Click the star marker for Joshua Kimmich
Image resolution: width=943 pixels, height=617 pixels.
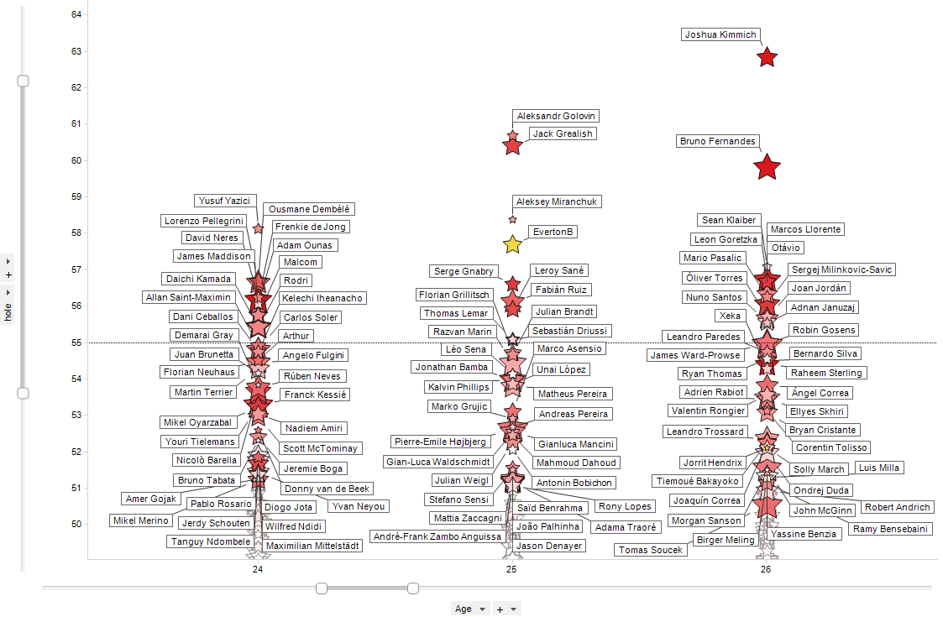767,57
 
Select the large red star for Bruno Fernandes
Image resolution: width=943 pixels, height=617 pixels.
766,167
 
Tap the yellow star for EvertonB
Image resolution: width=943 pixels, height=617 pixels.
512,244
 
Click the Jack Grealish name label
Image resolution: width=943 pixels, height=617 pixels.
562,134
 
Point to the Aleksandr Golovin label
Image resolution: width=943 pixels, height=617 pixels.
556,116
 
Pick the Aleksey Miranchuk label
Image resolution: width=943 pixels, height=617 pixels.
557,202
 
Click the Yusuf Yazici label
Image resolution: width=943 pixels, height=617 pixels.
224,201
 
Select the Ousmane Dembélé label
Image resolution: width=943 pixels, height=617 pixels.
309,209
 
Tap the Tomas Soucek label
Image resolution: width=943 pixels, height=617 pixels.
650,551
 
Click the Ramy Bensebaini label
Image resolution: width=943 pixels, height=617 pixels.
890,529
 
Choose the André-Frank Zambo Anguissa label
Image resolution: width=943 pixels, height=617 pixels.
437,536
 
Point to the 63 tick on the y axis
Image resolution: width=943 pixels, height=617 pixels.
76,51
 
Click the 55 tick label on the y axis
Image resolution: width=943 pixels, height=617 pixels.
76,342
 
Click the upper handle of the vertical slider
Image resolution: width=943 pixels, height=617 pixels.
24,81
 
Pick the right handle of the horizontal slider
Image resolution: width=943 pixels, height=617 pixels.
413,588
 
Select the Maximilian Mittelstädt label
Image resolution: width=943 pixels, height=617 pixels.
312,546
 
